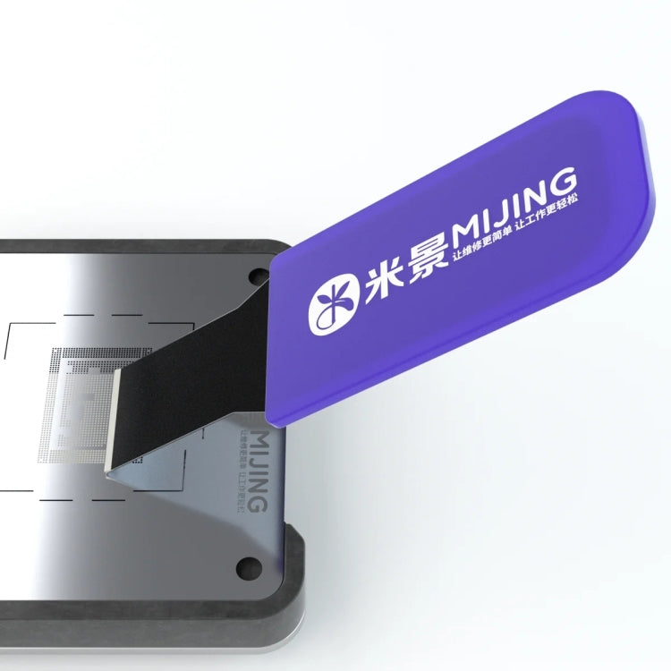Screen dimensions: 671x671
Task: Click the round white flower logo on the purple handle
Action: coord(332,305)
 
